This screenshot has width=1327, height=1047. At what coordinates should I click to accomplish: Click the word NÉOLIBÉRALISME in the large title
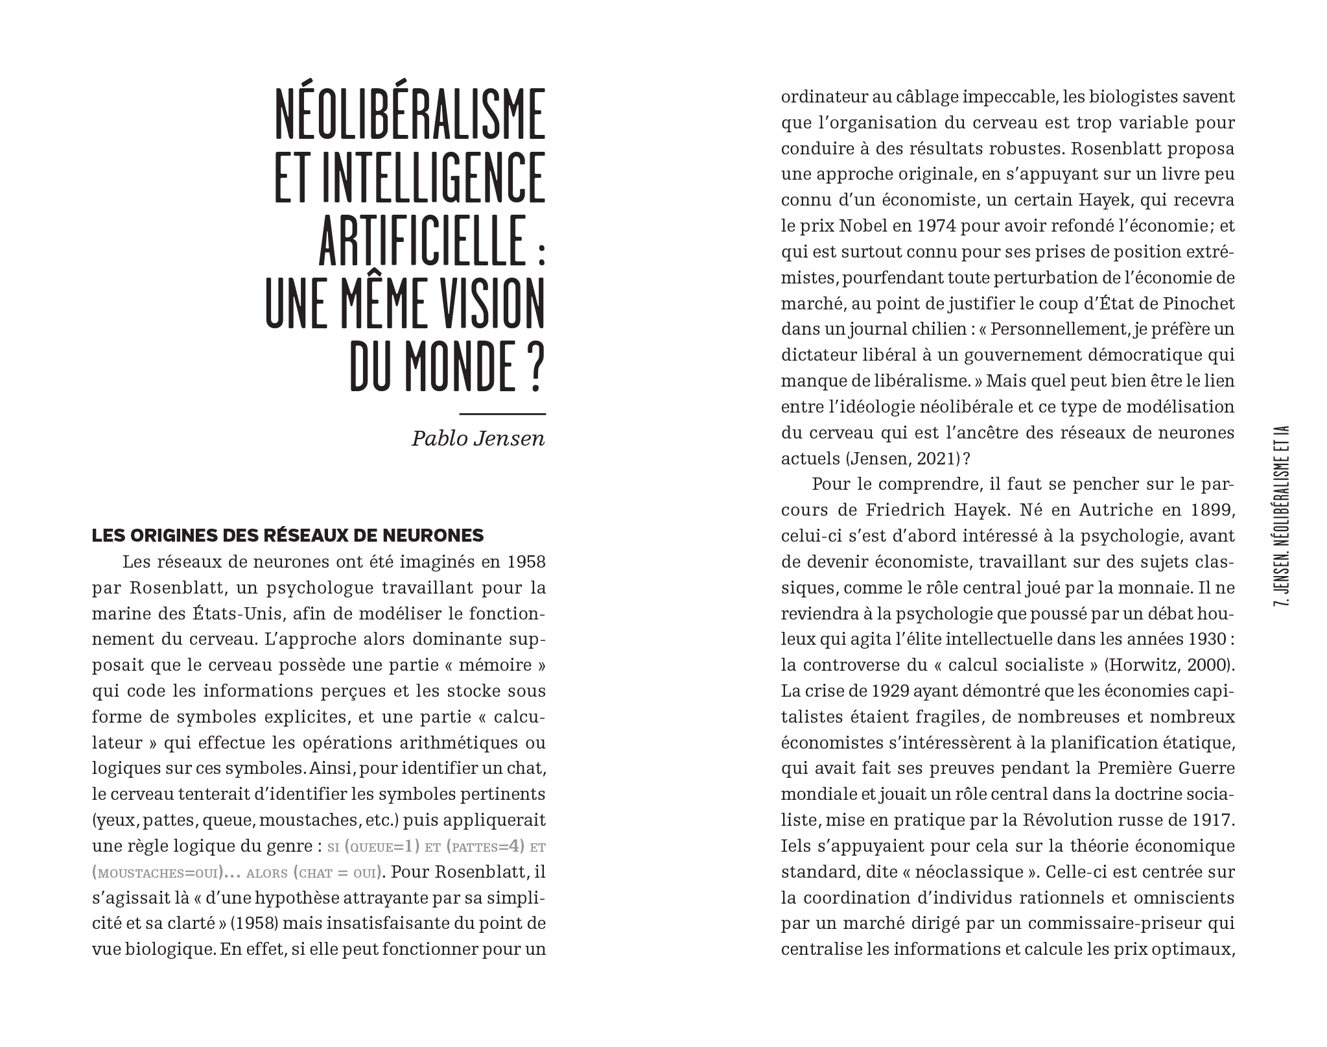pyautogui.click(x=410, y=115)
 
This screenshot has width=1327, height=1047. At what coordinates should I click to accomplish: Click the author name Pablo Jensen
pyautogui.click(x=478, y=439)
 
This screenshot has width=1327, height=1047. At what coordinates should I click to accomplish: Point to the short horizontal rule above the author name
pyautogui.click(x=502, y=414)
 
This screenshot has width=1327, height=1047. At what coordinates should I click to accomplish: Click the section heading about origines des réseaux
pyautogui.click(x=288, y=535)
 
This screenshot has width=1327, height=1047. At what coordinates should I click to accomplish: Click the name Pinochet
pyautogui.click(x=1196, y=304)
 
